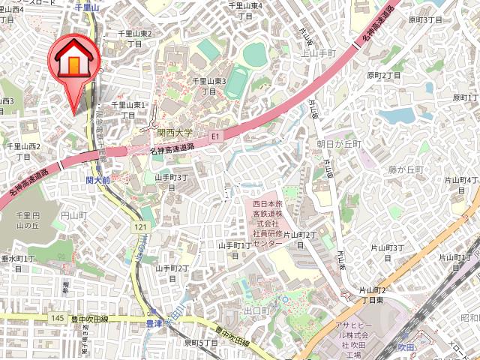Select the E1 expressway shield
(x=215, y=136)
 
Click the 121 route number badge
(x=140, y=226)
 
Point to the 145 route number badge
(x=58, y=319)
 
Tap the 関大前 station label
(x=98, y=181)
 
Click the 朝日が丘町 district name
(x=339, y=143)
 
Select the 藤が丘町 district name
(x=407, y=170)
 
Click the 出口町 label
(x=256, y=310)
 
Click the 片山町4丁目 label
(x=461, y=184)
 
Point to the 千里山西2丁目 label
(x=23, y=150)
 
